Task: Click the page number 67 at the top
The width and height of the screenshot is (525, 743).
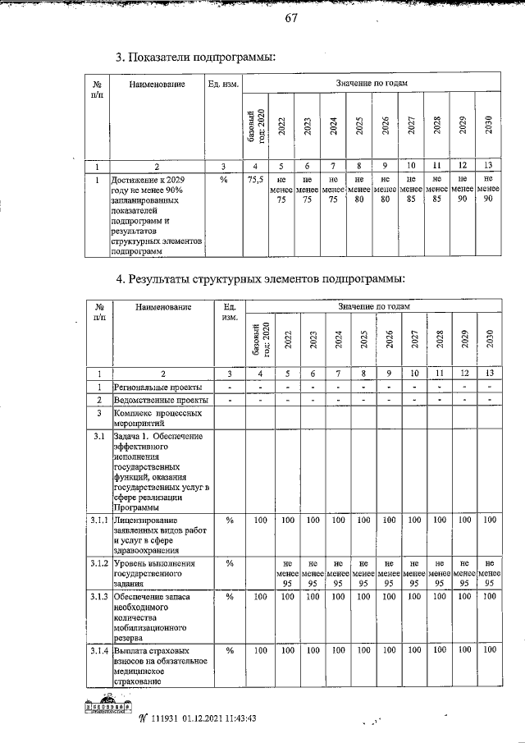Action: [x=290, y=20]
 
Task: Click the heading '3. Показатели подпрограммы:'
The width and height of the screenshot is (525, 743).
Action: [x=194, y=57]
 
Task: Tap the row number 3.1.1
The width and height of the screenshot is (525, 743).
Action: [x=98, y=521]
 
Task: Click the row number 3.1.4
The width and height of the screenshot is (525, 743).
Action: [x=98, y=651]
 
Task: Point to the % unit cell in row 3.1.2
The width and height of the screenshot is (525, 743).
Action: [x=230, y=563]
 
